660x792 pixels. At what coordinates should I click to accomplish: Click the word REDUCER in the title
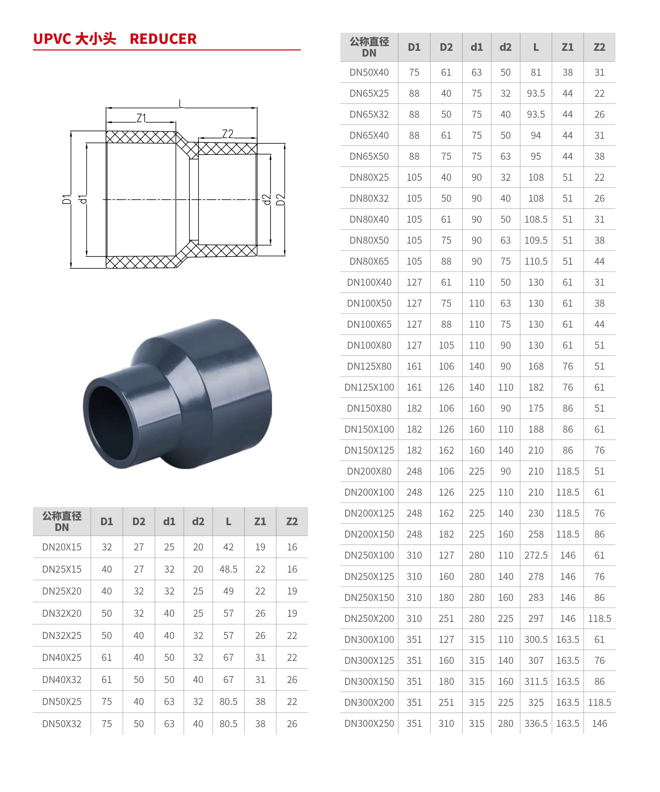[163, 39]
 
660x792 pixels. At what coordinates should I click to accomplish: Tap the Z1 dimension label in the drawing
[141, 118]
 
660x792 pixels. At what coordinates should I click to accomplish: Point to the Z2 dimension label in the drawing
[227, 134]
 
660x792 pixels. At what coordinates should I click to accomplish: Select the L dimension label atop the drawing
[181, 104]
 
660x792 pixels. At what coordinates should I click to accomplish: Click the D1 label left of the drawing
[67, 200]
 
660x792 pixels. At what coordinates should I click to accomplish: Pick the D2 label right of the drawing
[280, 200]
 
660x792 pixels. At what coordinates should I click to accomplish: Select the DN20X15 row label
[62, 547]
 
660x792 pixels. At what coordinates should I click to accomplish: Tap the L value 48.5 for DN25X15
[228, 569]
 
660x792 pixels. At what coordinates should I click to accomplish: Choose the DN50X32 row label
[62, 724]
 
